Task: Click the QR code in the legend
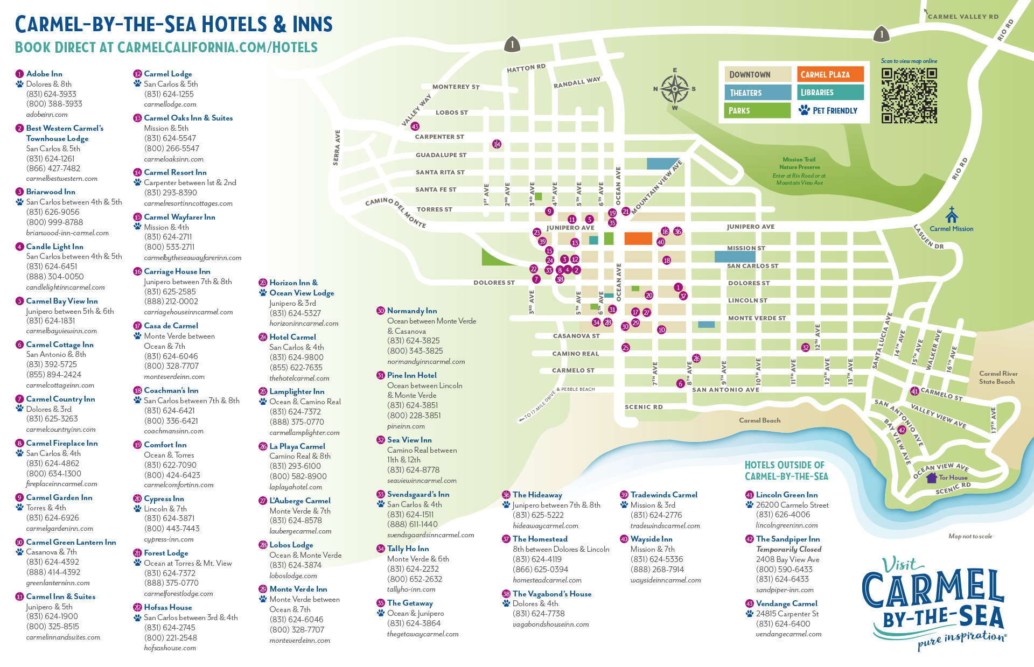pos(909,95)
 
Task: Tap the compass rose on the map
pos(674,89)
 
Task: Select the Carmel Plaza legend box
pos(830,74)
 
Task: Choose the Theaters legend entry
pos(757,93)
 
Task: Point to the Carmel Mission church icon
pos(952,215)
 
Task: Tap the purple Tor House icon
pos(932,478)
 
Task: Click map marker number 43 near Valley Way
pos(415,127)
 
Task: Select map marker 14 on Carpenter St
pos(497,144)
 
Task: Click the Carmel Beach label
pos(759,420)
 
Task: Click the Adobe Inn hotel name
pos(44,74)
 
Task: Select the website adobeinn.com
pos(47,114)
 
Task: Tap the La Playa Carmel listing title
pos(297,446)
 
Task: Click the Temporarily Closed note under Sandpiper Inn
pos(788,549)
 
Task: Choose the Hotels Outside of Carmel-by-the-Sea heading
pos(786,471)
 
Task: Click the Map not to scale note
pos(970,536)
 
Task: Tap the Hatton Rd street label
pos(526,68)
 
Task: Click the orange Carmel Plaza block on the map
pos(638,238)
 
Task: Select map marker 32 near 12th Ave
pos(805,347)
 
